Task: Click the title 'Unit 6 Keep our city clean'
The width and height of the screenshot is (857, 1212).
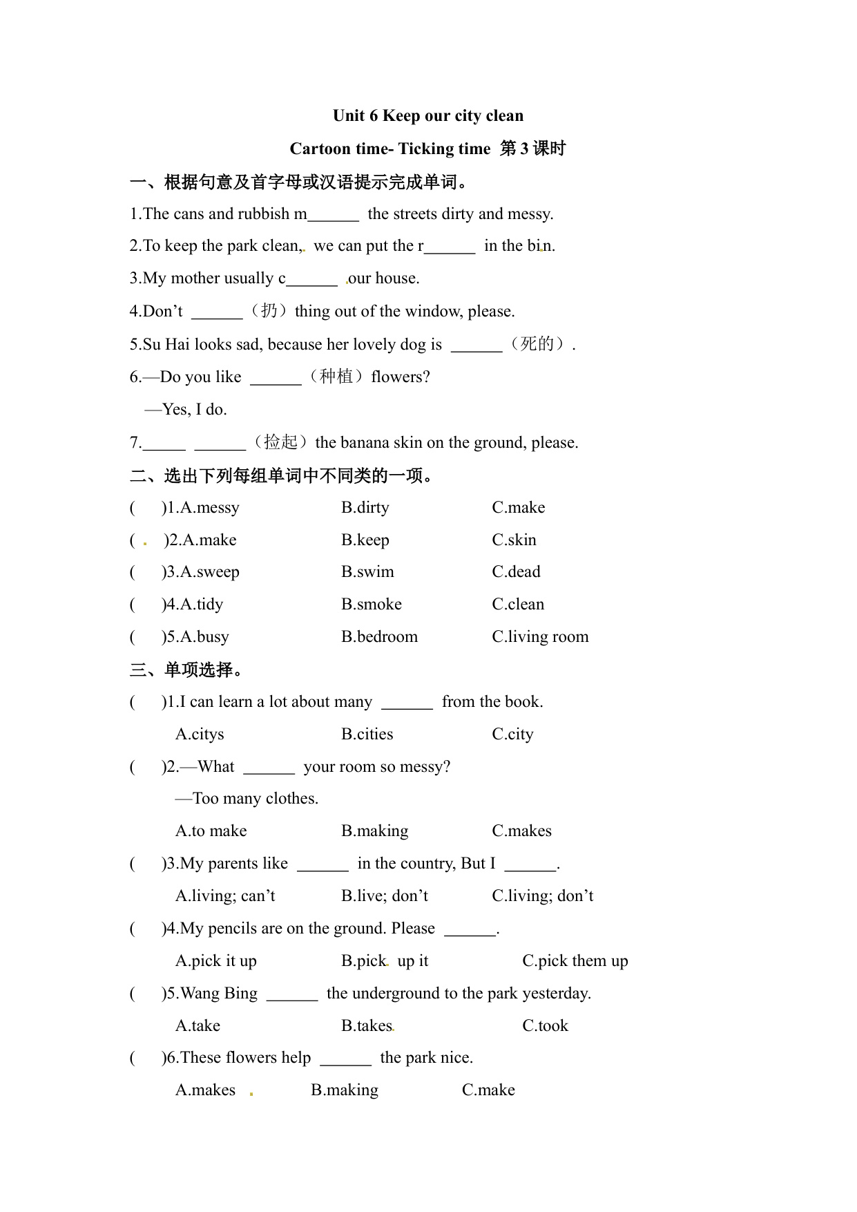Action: click(427, 115)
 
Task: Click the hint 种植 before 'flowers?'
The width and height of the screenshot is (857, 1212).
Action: click(336, 377)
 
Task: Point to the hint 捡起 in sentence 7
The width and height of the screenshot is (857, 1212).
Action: click(280, 442)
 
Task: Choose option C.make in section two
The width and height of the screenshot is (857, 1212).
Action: click(518, 508)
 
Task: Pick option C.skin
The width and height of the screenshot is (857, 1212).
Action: click(514, 540)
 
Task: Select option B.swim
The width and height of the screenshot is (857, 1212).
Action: click(367, 572)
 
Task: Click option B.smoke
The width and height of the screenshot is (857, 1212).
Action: click(371, 605)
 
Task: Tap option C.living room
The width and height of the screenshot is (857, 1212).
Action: click(540, 637)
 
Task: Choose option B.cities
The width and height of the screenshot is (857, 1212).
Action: click(367, 735)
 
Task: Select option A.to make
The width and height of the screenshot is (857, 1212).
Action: click(211, 831)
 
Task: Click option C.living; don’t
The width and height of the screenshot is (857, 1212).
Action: click(542, 896)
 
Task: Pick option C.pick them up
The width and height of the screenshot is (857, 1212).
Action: click(575, 961)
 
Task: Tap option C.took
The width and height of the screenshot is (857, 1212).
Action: click(545, 1026)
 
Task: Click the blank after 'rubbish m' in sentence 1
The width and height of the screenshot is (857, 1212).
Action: click(333, 216)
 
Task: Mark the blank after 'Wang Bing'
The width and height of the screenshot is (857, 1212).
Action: click(291, 995)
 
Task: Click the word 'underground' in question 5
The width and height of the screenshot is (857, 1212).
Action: click(394, 994)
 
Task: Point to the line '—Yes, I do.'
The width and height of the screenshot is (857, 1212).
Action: click(186, 410)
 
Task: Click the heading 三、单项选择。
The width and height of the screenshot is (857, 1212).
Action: click(186, 670)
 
